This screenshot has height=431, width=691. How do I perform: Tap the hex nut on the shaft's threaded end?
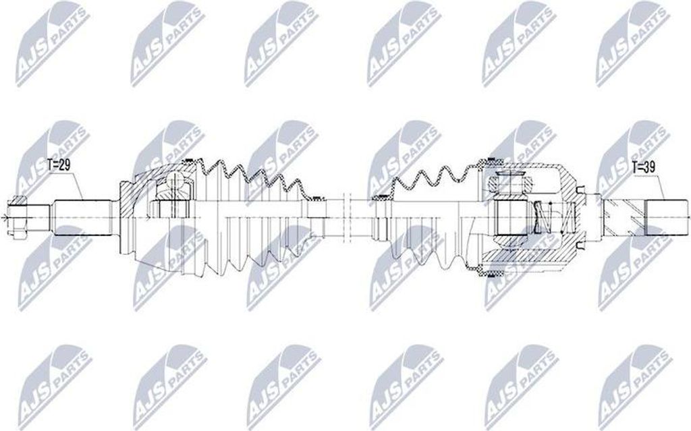point(16,216)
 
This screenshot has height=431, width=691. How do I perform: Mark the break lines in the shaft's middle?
point(348,216)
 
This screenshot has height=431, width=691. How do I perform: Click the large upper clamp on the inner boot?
point(489,161)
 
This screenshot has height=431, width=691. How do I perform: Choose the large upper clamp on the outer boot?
point(192,161)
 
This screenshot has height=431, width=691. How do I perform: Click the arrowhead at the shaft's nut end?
point(5,217)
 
